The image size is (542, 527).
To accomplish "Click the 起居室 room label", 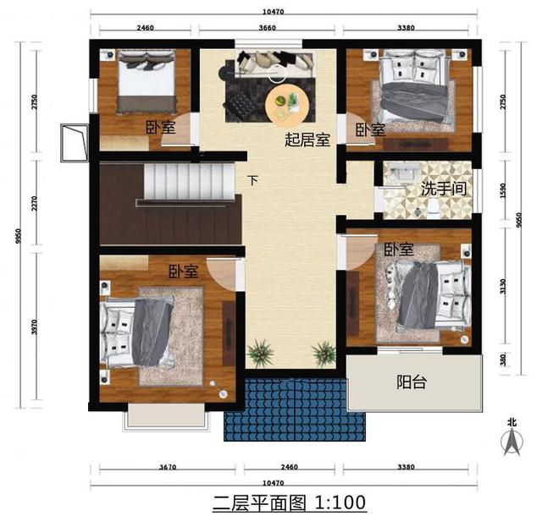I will click(x=307, y=140).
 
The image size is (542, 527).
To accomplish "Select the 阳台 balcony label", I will click(x=412, y=382).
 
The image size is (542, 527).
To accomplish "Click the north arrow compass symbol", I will click(x=511, y=437).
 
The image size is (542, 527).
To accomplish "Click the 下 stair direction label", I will click(x=253, y=180).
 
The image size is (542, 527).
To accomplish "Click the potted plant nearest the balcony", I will click(x=323, y=351).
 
